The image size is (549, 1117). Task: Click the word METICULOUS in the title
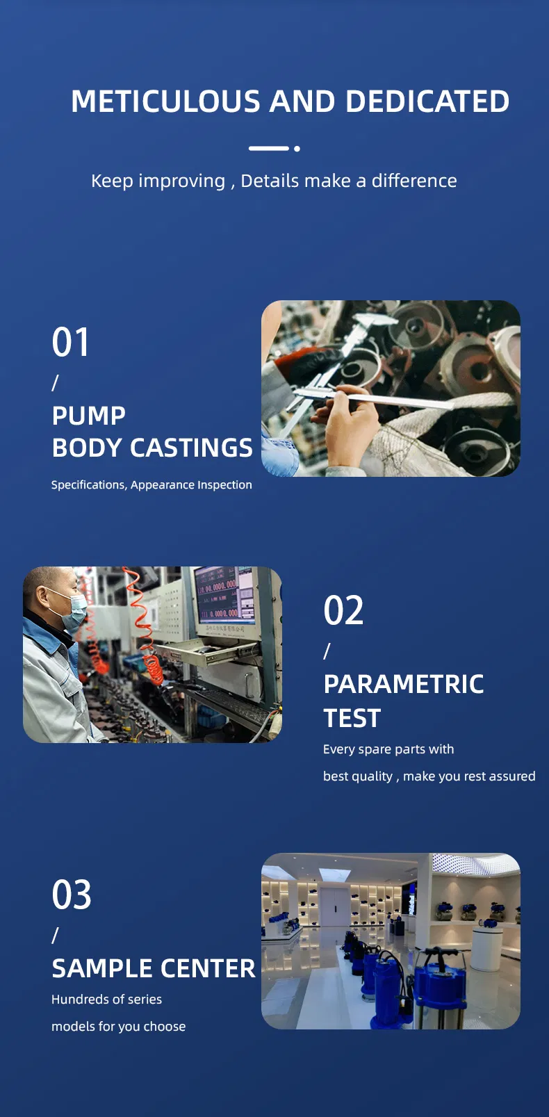(x=165, y=101)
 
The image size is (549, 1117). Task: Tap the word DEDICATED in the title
(x=427, y=101)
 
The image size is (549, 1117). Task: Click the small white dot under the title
(x=297, y=149)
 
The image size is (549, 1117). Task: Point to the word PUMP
(x=89, y=416)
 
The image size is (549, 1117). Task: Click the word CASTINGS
(x=191, y=448)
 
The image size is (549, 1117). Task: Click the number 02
(x=343, y=610)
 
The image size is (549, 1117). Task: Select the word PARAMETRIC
(x=404, y=684)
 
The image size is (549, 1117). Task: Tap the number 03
(x=72, y=895)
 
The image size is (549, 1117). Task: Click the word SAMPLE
(x=102, y=969)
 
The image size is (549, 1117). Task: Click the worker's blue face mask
(x=73, y=610)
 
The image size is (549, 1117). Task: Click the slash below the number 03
(x=55, y=936)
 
